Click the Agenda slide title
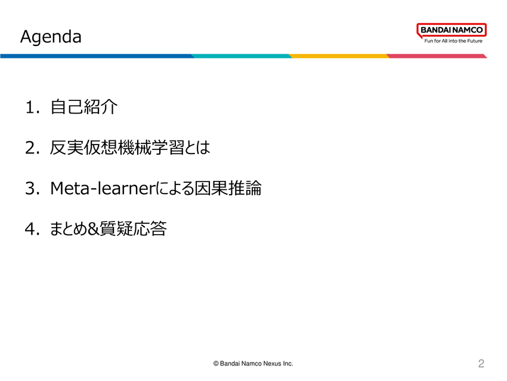click(51, 36)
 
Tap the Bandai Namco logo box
click(452, 30)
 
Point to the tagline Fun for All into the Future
click(453, 41)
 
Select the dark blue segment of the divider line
click(97, 56)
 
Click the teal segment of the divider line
click(242, 56)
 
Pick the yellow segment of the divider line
click(339, 56)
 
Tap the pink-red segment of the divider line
click(437, 56)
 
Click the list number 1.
click(32, 107)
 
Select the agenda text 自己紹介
click(84, 107)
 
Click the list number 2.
click(32, 148)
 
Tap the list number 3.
click(32, 188)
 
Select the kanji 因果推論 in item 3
click(228, 188)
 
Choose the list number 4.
click(32, 229)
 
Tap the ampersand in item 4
click(93, 229)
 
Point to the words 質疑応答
click(133, 229)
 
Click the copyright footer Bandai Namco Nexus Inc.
click(253, 364)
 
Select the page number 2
click(481, 364)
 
